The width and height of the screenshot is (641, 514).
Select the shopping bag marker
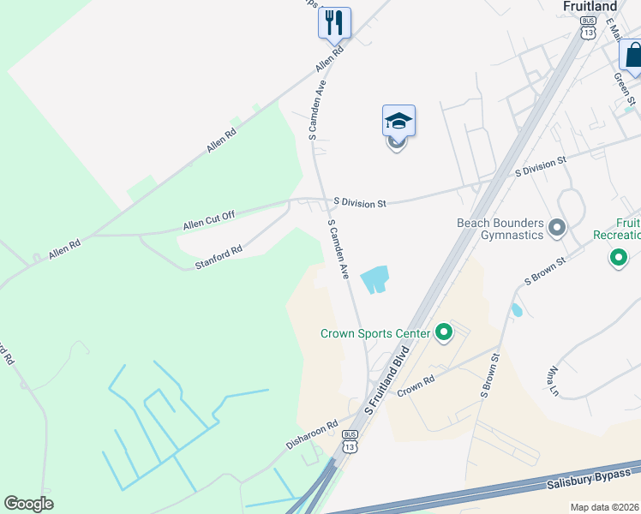[x=632, y=56]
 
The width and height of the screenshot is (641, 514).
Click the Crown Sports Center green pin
[x=443, y=332]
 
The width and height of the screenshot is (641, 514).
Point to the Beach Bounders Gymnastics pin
[x=557, y=228]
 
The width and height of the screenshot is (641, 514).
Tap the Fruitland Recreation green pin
[x=617, y=256]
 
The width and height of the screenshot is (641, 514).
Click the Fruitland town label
[x=590, y=6]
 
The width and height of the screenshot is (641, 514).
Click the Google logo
[x=28, y=504]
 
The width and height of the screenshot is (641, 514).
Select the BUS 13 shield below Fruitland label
[x=587, y=27]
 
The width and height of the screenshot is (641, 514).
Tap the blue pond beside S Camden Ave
[x=374, y=279]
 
